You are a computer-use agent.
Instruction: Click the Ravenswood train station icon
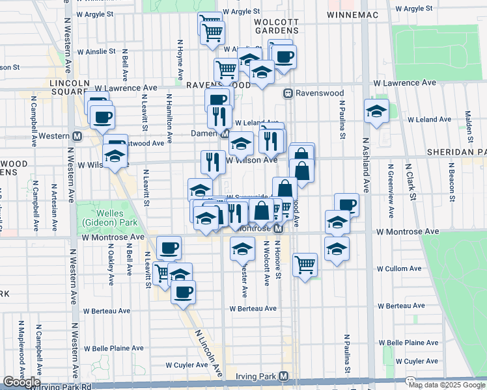click(x=286, y=94)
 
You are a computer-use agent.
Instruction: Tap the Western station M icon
click(x=77, y=136)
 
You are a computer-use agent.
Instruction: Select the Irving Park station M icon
click(x=283, y=376)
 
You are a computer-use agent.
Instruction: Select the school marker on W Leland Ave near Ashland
click(x=376, y=111)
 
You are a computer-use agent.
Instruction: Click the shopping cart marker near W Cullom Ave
click(x=305, y=264)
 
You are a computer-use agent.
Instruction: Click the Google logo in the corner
click(x=21, y=382)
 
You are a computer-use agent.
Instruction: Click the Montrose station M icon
click(x=277, y=229)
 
